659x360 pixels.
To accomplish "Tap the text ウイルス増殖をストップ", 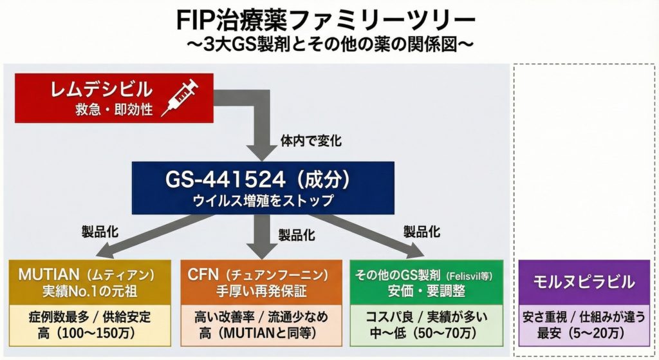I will pyautogui.click(x=263, y=200).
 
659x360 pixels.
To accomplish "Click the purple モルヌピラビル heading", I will pyautogui.click(x=584, y=281).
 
